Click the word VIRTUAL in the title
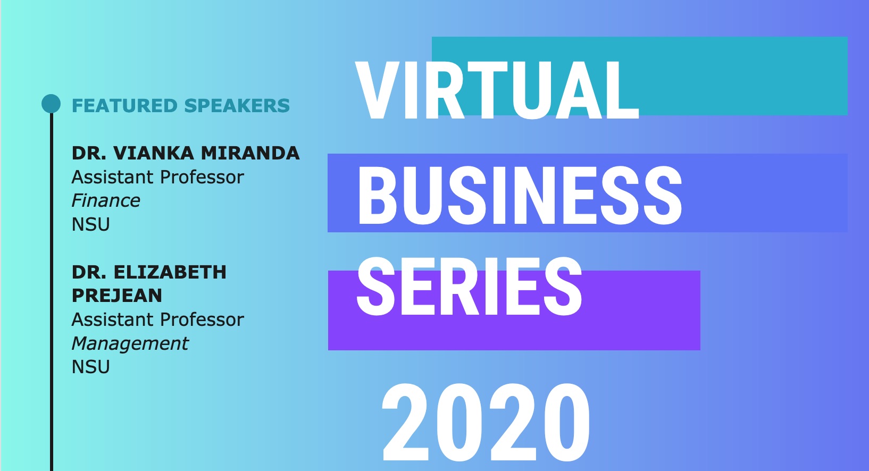(497, 90)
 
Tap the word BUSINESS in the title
(520, 195)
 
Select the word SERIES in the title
(470, 287)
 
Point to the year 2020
(486, 422)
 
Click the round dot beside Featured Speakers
(51, 104)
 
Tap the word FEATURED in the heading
(125, 106)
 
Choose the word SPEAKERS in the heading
(237, 106)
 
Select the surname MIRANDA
(250, 153)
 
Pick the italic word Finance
(106, 201)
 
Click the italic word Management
(130, 344)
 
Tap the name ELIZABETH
(170, 272)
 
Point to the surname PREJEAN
(117, 296)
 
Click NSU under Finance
(91, 224)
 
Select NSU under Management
(91, 367)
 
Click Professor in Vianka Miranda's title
(202, 177)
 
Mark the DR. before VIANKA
(89, 153)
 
